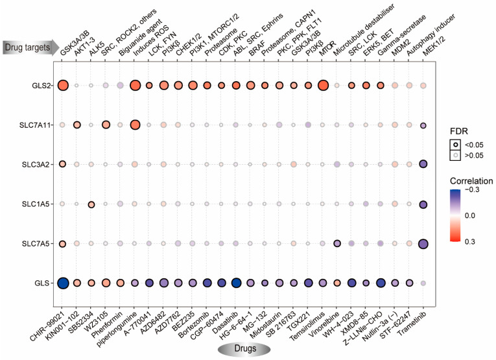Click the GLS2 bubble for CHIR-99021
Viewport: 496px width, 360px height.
[x=63, y=85]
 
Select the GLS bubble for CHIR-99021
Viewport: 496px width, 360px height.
[x=63, y=283]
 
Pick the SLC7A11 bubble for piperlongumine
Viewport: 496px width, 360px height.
[x=135, y=125]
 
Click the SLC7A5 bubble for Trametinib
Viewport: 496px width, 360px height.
[x=423, y=244]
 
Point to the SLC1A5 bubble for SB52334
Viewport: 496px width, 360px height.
[x=91, y=204]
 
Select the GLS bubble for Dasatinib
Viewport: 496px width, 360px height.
[x=235, y=283]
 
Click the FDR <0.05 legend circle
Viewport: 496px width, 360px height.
[x=453, y=142]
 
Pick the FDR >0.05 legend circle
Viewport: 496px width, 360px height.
[x=453, y=156]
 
